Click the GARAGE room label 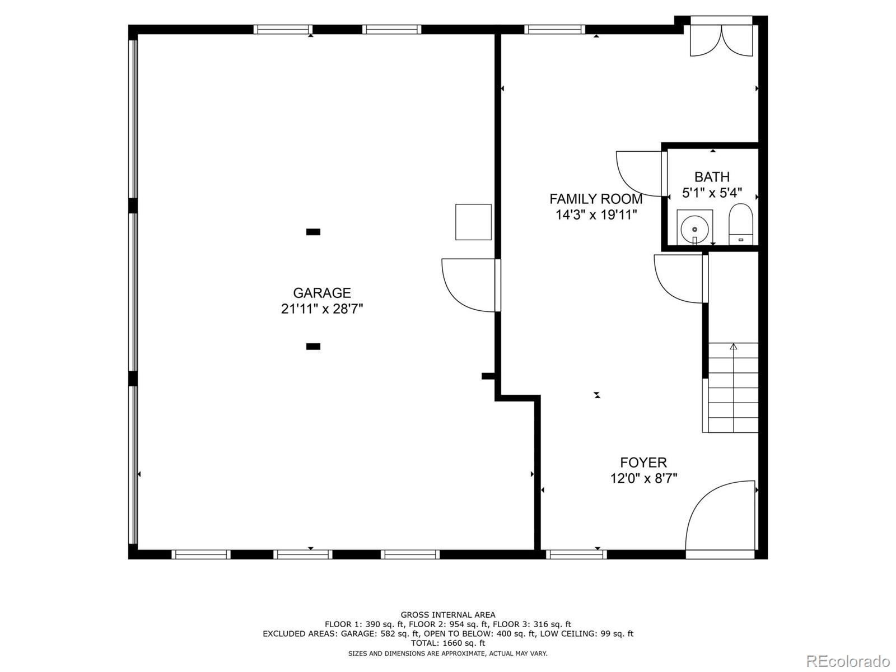(321, 293)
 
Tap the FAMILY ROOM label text (596, 199)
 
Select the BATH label (712, 177)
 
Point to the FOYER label (643, 463)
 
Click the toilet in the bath (740, 225)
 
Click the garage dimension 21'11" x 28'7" (321, 309)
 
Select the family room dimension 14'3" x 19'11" (596, 215)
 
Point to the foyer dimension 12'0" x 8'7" (643, 478)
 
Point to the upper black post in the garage (313, 232)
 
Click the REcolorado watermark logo (848, 661)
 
